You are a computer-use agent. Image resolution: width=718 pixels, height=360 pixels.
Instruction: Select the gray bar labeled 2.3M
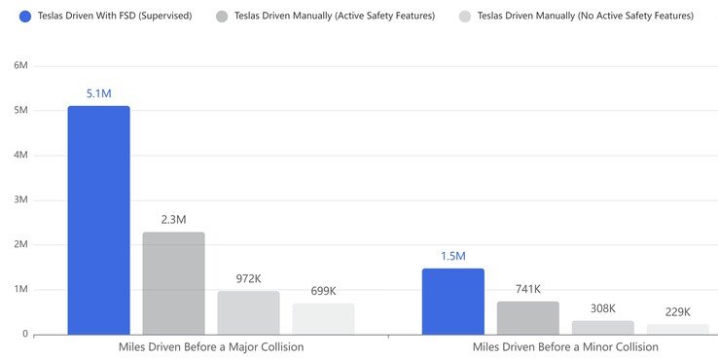(173, 283)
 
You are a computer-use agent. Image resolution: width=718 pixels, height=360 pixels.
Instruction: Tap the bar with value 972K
(248, 312)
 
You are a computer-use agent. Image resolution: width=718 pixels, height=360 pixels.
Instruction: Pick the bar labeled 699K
(323, 318)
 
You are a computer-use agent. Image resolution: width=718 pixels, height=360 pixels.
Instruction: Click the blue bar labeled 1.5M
(452, 301)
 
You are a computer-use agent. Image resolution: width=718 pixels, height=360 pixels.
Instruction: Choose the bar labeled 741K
(528, 317)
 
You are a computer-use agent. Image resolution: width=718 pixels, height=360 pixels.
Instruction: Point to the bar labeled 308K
(603, 327)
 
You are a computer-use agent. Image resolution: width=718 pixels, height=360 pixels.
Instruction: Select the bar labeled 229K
(678, 329)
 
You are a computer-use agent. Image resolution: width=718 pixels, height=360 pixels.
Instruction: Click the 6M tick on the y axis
(19, 65)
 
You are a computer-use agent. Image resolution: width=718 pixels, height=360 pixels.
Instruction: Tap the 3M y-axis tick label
(19, 199)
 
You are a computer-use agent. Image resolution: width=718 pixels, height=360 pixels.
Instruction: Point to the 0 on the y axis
(23, 334)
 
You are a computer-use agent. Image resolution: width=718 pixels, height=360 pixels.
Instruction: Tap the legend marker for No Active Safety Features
(465, 16)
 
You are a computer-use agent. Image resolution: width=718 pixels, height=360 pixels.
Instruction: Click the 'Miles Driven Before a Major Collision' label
(211, 347)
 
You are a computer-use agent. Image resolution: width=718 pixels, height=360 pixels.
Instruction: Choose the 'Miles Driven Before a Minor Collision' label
(565, 347)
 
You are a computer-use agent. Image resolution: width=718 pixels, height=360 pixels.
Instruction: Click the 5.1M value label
(98, 94)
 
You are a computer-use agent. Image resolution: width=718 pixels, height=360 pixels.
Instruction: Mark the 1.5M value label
(452, 256)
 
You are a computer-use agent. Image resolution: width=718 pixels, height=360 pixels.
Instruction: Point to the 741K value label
(528, 289)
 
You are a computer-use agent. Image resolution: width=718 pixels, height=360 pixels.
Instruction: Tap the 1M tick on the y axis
(19, 289)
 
